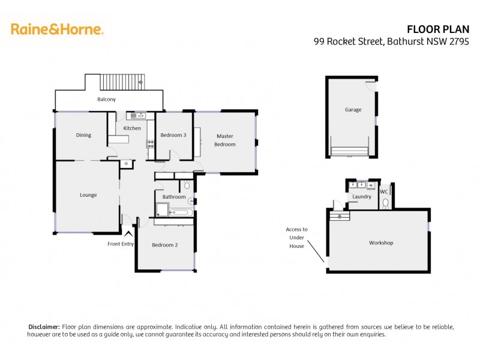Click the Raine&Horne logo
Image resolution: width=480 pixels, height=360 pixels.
[x=57, y=29]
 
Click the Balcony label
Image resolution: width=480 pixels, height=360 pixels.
[x=107, y=100]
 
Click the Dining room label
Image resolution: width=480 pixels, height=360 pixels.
[x=83, y=135]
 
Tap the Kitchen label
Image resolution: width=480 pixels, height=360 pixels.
[x=132, y=128]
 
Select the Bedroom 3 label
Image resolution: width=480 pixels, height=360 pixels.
[x=173, y=135]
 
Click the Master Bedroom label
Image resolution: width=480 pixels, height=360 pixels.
[x=226, y=140]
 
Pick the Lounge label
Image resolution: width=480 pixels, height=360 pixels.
[x=88, y=195]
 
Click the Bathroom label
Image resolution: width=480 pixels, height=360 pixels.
[x=174, y=197]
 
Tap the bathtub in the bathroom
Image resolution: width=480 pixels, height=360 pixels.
[x=181, y=212]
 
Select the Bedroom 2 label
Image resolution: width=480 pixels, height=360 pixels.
[x=164, y=245]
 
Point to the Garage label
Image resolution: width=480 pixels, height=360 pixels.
[x=353, y=110]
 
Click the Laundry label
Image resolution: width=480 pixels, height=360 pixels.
[x=362, y=196]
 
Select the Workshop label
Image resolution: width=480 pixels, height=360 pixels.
[x=380, y=243]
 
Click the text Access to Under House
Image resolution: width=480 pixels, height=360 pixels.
[x=296, y=238]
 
